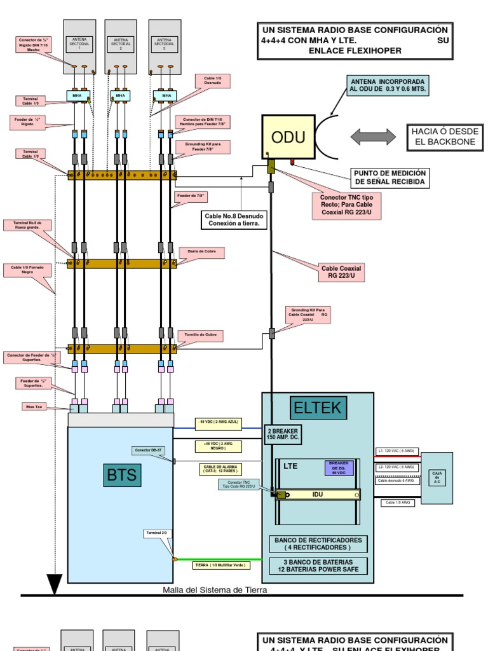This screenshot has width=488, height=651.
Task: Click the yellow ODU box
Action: tap(288, 137)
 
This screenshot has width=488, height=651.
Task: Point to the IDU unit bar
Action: tap(318, 494)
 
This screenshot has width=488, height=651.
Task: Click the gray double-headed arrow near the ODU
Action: tap(372, 136)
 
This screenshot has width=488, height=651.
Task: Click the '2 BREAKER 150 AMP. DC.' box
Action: tap(282, 434)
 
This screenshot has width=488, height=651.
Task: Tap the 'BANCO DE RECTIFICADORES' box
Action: tap(317, 544)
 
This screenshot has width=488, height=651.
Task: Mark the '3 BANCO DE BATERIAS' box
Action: tap(317, 566)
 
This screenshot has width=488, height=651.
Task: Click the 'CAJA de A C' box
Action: tap(437, 477)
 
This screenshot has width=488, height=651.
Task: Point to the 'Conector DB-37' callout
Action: tap(148, 450)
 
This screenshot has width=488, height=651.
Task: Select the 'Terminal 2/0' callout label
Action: tap(156, 533)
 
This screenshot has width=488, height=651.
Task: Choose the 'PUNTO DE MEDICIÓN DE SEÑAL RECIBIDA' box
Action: tap(390, 178)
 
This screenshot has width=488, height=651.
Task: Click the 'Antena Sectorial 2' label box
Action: tap(120, 44)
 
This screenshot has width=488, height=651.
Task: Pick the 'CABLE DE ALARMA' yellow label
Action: tap(220, 470)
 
